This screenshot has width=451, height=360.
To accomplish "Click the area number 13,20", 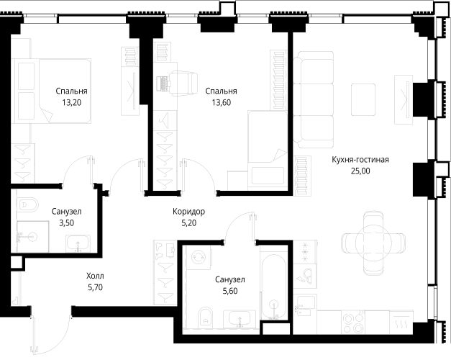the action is pos(72,102).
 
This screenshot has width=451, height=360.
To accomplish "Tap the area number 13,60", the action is pos(222,102).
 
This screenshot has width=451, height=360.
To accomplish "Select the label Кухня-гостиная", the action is pos(360,160).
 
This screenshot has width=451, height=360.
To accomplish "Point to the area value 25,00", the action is pos(360,171).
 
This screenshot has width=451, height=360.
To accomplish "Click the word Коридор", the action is pos(188,212).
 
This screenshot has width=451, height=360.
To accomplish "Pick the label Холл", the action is pos(95,276).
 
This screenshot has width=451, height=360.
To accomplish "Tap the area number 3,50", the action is pos(66,223).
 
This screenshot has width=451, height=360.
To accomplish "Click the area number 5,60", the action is pos(230,291).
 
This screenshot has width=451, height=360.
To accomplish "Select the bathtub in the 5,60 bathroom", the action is pos(274,287).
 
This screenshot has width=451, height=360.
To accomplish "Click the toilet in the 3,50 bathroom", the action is pos(28,204).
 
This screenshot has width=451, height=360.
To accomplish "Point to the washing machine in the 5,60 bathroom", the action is pos(199,256).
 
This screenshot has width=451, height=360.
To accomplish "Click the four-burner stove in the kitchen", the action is pos(353,323).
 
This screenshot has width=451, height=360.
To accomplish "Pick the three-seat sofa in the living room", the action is pos(314,99).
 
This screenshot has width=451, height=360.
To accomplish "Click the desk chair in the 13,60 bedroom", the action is pos(183,84).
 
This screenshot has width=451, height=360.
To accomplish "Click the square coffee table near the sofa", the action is pos(363,99).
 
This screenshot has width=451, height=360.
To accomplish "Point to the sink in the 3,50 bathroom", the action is pos(78,243).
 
